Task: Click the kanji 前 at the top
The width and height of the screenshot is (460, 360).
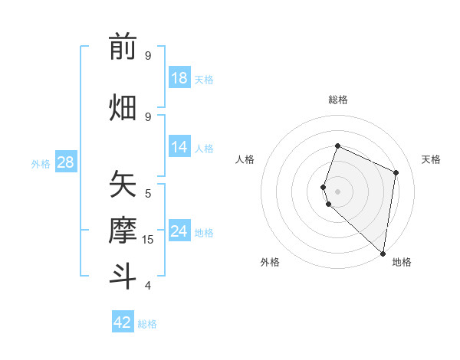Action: pos(123,47)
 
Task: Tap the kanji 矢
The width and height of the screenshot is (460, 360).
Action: pos(123,185)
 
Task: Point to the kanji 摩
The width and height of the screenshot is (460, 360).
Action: pos(123,231)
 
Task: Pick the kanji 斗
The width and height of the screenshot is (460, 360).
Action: pos(123,276)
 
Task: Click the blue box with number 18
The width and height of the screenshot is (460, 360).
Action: pos(179,78)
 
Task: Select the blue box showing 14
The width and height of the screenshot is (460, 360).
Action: pos(179,147)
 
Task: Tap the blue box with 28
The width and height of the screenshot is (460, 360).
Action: pos(65,162)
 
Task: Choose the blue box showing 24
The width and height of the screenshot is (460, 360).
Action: pos(179,231)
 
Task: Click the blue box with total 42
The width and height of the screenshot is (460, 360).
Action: pos(123,322)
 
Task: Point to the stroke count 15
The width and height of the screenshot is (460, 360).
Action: pos(148,240)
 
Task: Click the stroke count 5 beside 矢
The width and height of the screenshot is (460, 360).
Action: pos(148,193)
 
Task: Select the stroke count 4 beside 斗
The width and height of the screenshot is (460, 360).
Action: pos(148,286)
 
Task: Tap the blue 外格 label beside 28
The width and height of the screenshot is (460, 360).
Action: pos(41,163)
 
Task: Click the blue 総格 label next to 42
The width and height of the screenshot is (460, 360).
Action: pos(147,323)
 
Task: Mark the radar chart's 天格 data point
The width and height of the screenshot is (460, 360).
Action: pos(396,172)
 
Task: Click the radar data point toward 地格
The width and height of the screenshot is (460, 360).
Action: pos(383,254)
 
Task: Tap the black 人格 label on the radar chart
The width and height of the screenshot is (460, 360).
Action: pos(245,159)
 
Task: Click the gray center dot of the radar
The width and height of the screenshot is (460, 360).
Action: pos(337,191)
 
